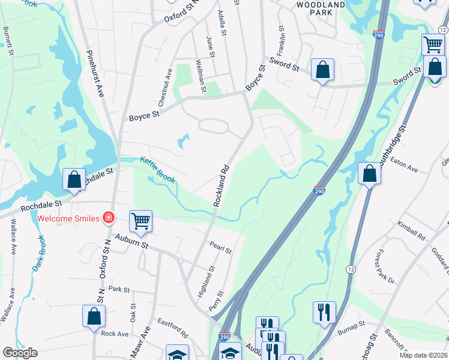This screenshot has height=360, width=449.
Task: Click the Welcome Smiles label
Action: [x=68, y=218]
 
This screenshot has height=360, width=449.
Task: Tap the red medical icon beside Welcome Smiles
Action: [x=109, y=217]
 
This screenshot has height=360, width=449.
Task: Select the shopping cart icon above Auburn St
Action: [x=140, y=221]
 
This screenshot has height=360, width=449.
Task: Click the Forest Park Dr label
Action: [x=384, y=268]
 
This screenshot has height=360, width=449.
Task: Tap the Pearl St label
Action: [x=220, y=247]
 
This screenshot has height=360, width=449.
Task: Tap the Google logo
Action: [x=20, y=353]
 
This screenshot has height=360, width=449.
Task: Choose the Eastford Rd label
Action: [x=173, y=328]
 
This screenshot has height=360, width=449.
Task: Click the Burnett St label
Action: [x=9, y=40]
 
